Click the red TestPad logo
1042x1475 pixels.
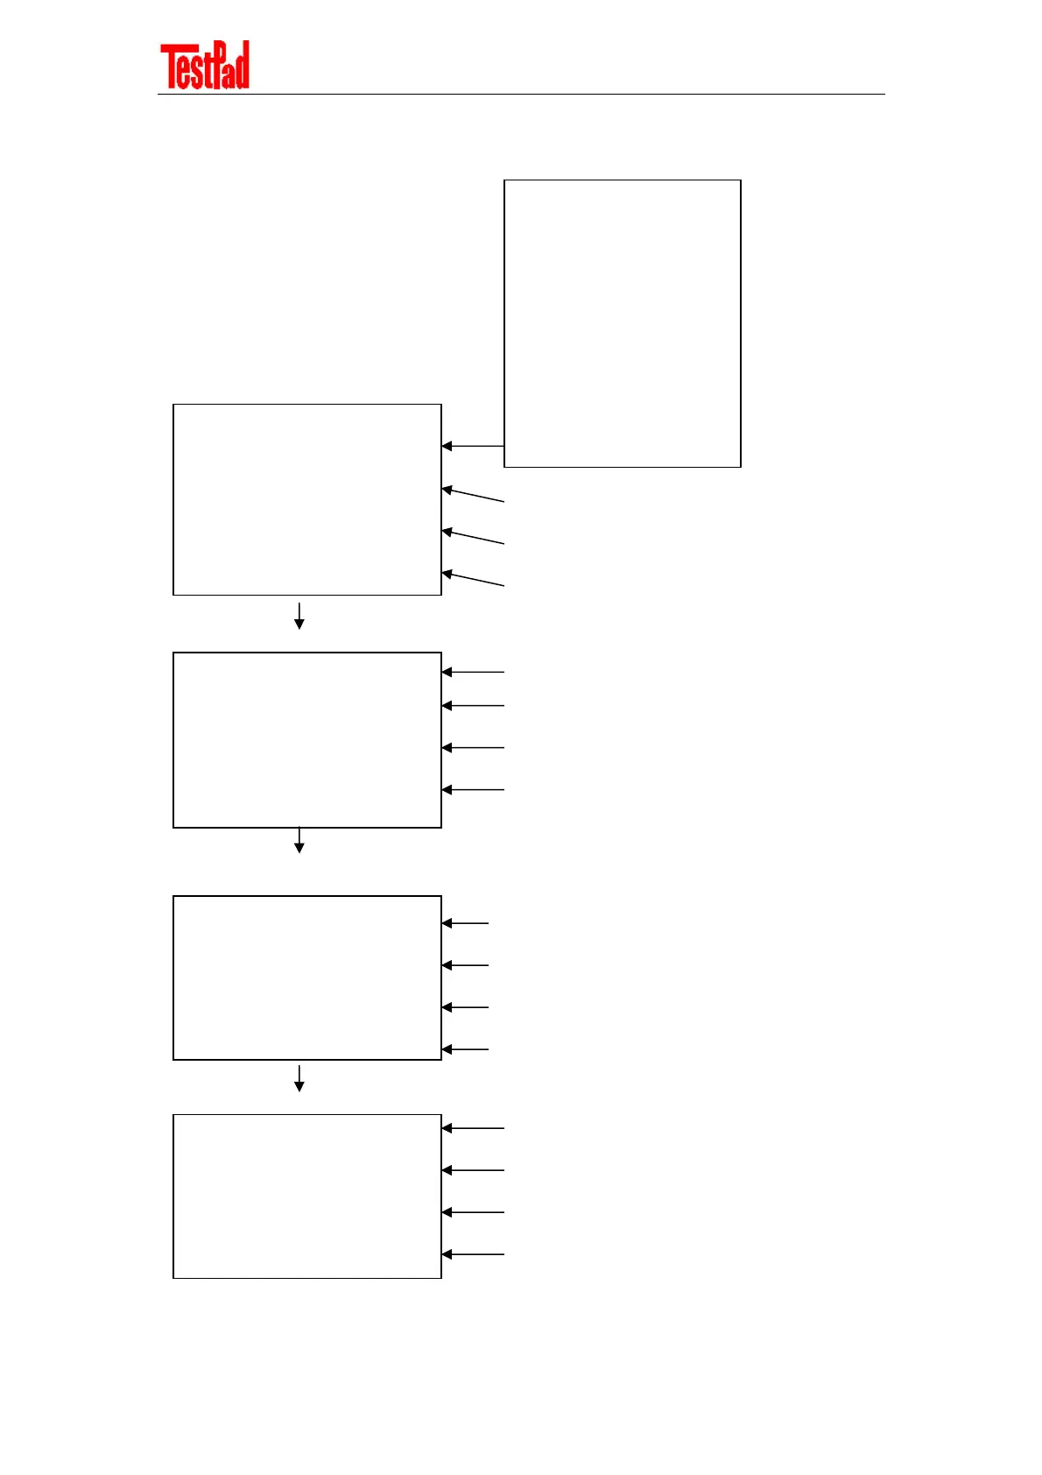click(x=205, y=66)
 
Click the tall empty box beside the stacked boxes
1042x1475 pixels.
click(x=623, y=323)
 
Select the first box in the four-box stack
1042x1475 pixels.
click(x=307, y=499)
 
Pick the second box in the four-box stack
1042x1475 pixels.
click(x=307, y=739)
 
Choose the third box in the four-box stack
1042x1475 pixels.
click(x=307, y=977)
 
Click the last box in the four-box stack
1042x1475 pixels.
click(x=307, y=1196)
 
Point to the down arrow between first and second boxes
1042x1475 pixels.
click(x=299, y=616)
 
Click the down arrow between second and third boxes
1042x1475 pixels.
click(x=299, y=840)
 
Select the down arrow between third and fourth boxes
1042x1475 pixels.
click(x=299, y=1078)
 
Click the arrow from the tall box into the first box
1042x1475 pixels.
click(x=473, y=446)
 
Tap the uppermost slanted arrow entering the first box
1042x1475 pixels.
click(x=473, y=495)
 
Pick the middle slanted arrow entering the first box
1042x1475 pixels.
click(x=473, y=537)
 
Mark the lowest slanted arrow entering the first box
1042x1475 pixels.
click(x=473, y=579)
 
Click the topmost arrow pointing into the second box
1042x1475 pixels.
click(x=473, y=672)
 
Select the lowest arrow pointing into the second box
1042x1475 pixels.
click(x=473, y=789)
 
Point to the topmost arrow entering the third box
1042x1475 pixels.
click(x=465, y=923)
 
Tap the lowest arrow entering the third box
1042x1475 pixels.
click(x=465, y=1048)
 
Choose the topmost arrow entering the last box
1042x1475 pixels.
click(x=473, y=1128)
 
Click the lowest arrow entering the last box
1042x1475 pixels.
click(x=473, y=1254)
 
